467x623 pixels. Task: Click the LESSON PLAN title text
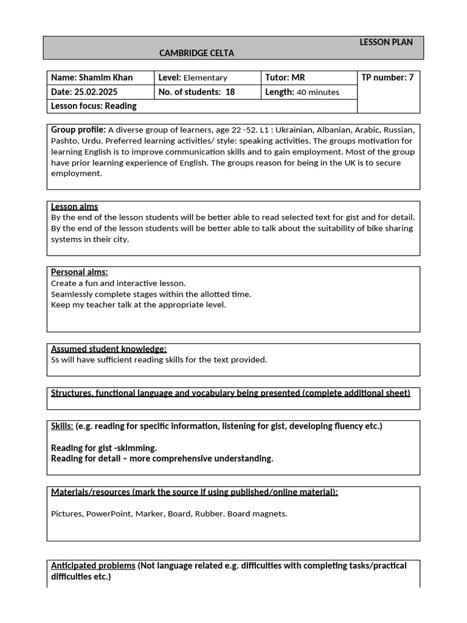tap(386, 42)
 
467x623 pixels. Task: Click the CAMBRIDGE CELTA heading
tap(196, 53)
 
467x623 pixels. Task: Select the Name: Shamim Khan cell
tap(92, 78)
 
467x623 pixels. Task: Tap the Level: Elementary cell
tap(192, 78)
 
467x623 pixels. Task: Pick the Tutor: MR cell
tap(285, 78)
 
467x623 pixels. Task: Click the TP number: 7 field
tap(387, 78)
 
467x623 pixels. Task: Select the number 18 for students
tap(230, 92)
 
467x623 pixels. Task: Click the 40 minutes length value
tap(318, 92)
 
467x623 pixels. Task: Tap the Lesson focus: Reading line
tap(94, 106)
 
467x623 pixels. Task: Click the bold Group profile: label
tap(78, 130)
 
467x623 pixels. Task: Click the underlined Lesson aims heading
tap(74, 207)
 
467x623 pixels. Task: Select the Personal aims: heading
tap(79, 272)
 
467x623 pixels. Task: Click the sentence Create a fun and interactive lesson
tap(119, 283)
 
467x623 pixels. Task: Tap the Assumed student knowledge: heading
tap(109, 349)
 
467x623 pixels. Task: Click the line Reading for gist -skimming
tap(104, 448)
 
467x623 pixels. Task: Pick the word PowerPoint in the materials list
tap(108, 513)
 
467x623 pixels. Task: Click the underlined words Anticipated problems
tap(93, 566)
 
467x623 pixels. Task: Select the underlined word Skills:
tap(62, 426)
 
